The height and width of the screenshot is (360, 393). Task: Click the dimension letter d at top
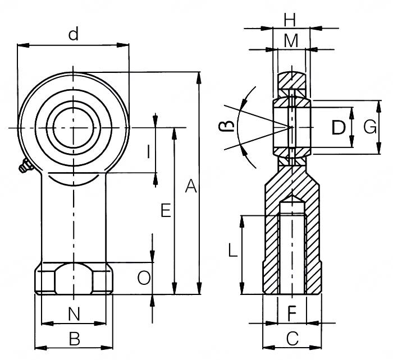click(73, 35)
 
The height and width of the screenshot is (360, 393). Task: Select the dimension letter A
click(191, 186)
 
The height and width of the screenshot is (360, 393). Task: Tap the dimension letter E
click(164, 210)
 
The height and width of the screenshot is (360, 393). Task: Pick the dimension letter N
click(74, 314)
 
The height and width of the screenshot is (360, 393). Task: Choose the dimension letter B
click(74, 338)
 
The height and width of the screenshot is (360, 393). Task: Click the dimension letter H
click(289, 20)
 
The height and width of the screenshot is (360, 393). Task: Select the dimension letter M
click(290, 40)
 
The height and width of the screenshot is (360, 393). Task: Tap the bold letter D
click(338, 128)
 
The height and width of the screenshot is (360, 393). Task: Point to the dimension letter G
click(369, 128)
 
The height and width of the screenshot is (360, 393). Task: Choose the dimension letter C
click(292, 338)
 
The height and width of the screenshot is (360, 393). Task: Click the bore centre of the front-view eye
click(73, 128)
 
